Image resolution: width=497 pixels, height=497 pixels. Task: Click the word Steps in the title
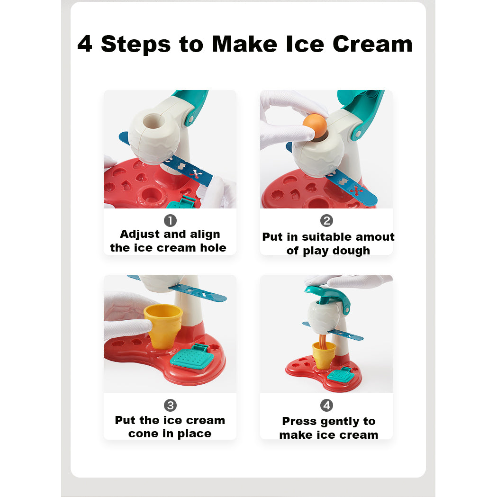click(136, 45)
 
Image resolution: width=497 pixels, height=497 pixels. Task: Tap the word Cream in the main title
click(372, 44)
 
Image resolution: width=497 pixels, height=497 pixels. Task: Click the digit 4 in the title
click(85, 44)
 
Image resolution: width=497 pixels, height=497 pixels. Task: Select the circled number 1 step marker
click(170, 221)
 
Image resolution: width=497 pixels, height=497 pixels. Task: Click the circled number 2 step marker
click(326, 221)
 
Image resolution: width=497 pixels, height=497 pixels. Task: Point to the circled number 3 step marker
click(170, 405)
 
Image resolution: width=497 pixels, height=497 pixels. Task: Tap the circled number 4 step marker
click(326, 405)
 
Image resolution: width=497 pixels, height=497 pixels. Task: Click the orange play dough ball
click(315, 126)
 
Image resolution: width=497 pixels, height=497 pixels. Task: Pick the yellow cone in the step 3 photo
click(163, 326)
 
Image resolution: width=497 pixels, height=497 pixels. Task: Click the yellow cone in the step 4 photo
click(324, 355)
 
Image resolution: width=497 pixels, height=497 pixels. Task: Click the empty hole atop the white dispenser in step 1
click(154, 121)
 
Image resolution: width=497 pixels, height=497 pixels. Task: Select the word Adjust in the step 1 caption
click(140, 235)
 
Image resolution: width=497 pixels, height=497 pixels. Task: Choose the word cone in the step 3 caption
click(143, 434)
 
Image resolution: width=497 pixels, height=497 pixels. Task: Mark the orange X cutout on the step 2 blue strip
click(356, 191)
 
